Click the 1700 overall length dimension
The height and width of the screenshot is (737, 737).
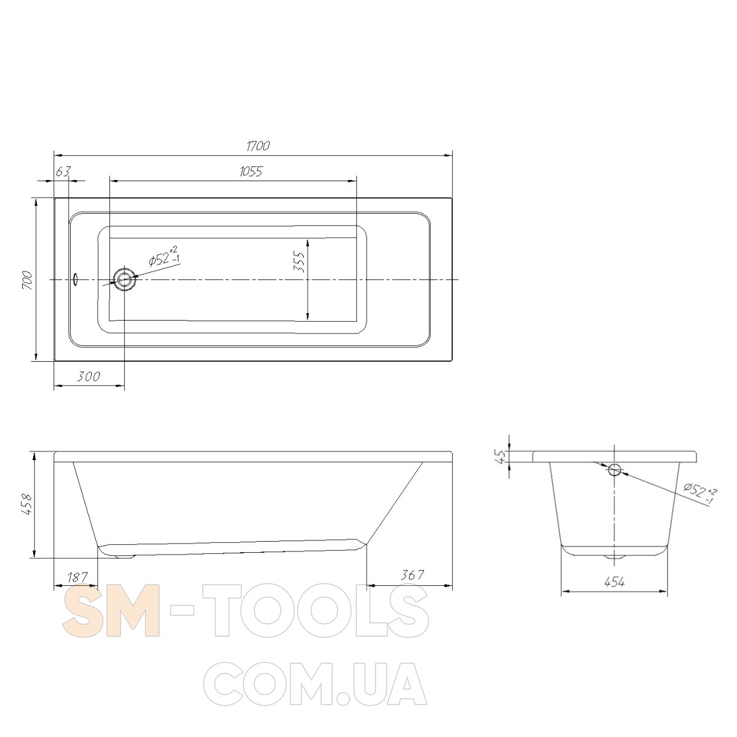(258, 146)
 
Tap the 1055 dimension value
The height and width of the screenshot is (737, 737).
(251, 171)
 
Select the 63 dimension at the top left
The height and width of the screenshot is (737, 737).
(63, 171)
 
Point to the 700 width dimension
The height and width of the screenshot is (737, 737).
(28, 280)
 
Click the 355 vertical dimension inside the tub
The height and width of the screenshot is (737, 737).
(298, 262)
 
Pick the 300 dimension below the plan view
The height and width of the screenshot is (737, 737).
(88, 376)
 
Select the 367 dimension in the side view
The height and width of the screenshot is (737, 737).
(413, 574)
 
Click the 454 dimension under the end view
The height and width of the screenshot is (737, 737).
(615, 582)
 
